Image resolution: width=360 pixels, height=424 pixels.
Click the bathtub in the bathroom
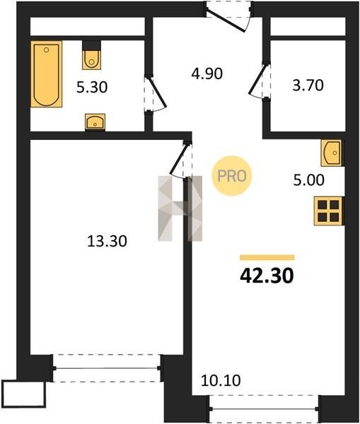pyautogui.click(x=46, y=73)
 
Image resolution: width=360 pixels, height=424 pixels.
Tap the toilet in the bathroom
pyautogui.click(x=91, y=55)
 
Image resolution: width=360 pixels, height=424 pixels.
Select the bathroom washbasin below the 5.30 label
pyautogui.click(x=95, y=122)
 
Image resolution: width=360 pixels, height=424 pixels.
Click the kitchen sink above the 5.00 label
pyautogui.click(x=332, y=153)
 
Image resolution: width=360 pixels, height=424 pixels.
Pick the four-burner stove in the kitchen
pyautogui.click(x=329, y=211)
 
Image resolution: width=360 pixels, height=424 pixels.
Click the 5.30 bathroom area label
pyautogui.click(x=92, y=87)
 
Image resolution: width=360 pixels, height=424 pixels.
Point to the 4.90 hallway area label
pyautogui.click(x=207, y=73)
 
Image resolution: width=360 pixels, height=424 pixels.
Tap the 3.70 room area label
pyautogui.click(x=308, y=86)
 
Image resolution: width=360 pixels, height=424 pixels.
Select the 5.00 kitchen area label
pyautogui.click(x=309, y=180)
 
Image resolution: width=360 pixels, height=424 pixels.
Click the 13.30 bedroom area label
pyautogui.click(x=108, y=241)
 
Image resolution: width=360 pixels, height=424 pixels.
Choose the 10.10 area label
pyautogui.click(x=221, y=380)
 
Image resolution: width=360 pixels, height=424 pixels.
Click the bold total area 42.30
pyautogui.click(x=267, y=276)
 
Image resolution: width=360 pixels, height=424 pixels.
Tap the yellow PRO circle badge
pyautogui.click(x=232, y=176)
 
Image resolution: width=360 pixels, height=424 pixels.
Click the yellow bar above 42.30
pyautogui.click(x=267, y=257)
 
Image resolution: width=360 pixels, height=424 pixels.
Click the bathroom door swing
pyautogui.click(x=155, y=93)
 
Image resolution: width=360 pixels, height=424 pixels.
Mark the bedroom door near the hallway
pyautogui.click(x=181, y=160)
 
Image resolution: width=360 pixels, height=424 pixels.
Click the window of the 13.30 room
pyautogui.click(x=108, y=368)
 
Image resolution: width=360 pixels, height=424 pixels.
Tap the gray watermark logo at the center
pyautogui.click(x=180, y=208)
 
